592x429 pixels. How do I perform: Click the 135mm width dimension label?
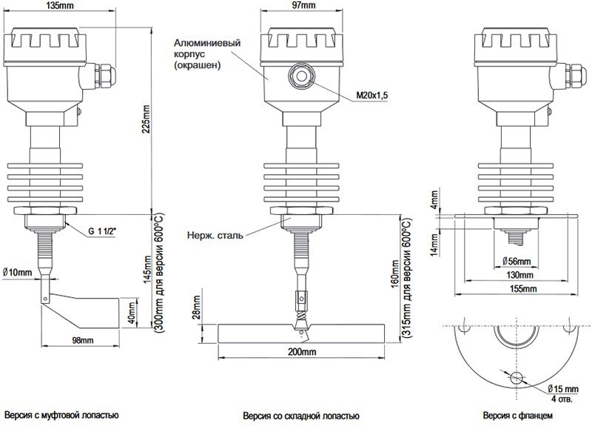pos(60,5)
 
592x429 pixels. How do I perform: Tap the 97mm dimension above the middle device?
pos(303,5)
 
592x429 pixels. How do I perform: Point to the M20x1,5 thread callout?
pos(372,96)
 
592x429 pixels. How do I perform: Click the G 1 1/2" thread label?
pos(102,231)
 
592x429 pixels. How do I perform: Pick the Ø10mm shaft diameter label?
pos(17,272)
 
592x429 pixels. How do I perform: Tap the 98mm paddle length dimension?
pos(83,341)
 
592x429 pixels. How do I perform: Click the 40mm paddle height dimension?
pos(131,312)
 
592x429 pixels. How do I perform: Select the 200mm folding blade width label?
pos(302,352)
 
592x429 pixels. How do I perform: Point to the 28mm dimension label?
pos(196,307)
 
